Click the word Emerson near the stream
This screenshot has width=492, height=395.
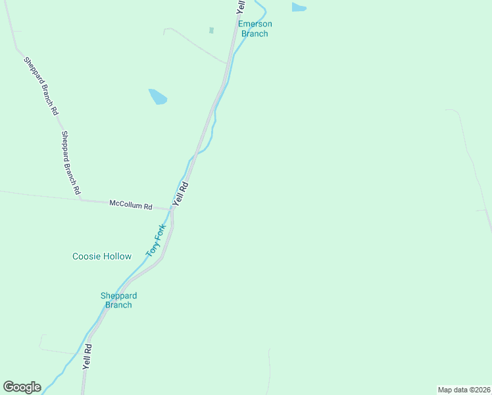point(255,24)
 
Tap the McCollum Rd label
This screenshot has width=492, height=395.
point(130,205)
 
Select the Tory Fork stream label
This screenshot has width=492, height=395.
point(156,240)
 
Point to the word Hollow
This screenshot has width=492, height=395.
point(118,256)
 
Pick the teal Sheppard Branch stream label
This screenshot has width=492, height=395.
point(118,300)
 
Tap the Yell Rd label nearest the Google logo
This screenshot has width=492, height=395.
point(86,355)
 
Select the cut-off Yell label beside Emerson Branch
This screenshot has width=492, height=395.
point(241,7)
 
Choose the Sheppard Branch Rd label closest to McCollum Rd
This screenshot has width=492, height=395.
point(71,162)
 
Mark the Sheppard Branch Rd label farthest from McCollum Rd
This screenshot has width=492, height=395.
point(41,86)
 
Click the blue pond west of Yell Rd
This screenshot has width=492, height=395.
point(158,97)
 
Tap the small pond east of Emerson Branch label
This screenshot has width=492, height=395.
point(299,7)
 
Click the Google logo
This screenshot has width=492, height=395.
point(22,387)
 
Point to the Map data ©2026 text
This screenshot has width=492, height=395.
point(464,390)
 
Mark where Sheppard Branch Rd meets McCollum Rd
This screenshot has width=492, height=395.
point(81,198)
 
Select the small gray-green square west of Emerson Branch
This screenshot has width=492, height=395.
point(211,30)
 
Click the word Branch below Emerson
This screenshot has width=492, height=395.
point(255,34)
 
